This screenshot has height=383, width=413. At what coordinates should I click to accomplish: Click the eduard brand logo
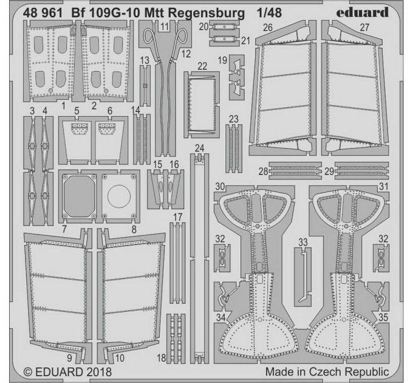pyautogui.click(x=362, y=13)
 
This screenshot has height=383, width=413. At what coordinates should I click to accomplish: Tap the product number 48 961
pyautogui.click(x=43, y=13)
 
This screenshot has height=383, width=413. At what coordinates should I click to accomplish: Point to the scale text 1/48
pyautogui.click(x=269, y=13)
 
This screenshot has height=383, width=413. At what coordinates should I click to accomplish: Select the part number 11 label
pyautogui.click(x=165, y=26)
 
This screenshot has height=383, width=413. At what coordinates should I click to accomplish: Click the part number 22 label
pyautogui.click(x=202, y=66)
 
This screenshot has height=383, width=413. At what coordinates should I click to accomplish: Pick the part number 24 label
pyautogui.click(x=199, y=148)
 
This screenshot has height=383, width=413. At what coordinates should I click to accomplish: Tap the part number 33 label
pyautogui.click(x=303, y=242)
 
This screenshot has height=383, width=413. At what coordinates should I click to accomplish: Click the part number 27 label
pyautogui.click(x=364, y=27)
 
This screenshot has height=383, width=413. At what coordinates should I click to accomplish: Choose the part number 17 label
pyautogui.click(x=178, y=217)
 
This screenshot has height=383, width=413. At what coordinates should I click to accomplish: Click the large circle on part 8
pyautogui.click(x=119, y=196)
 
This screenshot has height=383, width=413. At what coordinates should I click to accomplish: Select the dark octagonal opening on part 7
pyautogui.click(x=80, y=196)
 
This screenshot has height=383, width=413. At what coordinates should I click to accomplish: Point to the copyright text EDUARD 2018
pyautogui.click(x=67, y=371)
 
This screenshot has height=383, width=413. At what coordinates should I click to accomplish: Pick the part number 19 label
pyautogui.click(x=222, y=60)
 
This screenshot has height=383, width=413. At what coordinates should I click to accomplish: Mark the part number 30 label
pyautogui.click(x=220, y=187)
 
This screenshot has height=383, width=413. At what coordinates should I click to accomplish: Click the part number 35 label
pyautogui.click(x=383, y=317)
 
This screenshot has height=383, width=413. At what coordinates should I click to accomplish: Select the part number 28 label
pyautogui.click(x=264, y=171)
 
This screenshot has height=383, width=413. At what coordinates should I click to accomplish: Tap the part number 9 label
pyautogui.click(x=69, y=358)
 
